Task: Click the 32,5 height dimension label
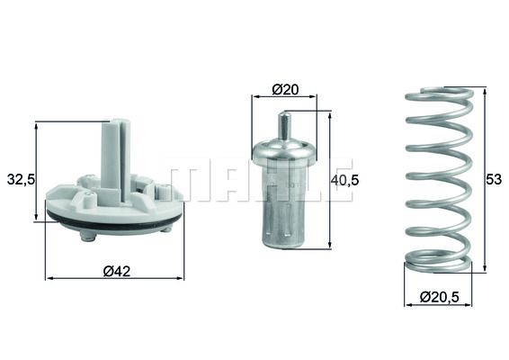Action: (20, 179)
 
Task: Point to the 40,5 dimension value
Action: (346, 179)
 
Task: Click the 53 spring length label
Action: (493, 179)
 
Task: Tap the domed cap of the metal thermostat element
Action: (284, 151)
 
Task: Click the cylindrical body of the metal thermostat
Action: (284, 211)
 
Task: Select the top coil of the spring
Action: (439, 94)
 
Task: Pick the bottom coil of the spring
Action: (437, 263)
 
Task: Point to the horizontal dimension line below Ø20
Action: (284, 100)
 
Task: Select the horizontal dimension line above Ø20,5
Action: (437, 305)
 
